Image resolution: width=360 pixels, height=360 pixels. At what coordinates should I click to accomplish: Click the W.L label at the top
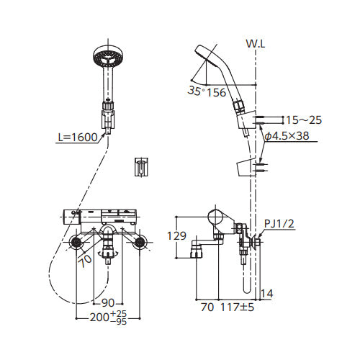256,44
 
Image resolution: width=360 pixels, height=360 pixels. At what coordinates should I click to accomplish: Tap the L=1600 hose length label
78,138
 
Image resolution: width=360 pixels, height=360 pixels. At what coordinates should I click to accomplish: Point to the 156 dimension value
216,92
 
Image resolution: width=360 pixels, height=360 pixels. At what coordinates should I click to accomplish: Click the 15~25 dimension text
304,120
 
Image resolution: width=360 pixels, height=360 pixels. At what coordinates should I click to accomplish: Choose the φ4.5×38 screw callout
287,136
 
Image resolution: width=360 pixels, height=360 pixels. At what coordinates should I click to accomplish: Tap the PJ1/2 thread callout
279,224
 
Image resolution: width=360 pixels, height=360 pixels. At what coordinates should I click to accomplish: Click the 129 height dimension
176,235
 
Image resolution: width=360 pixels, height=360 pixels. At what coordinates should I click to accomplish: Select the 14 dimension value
267,293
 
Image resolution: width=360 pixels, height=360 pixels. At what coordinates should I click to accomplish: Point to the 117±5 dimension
237,307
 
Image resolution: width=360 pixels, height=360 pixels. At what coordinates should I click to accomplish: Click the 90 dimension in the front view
108,303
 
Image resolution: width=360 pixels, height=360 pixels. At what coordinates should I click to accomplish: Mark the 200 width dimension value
99,318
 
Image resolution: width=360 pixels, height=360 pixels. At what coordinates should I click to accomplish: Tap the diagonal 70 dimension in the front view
86,261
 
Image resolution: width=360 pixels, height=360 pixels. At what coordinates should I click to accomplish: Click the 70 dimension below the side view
207,307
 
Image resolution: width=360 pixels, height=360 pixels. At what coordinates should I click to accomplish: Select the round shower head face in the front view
108,58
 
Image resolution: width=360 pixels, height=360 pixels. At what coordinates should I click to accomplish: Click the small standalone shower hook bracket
142,167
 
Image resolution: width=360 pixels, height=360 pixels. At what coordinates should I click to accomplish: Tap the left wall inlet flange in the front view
76,242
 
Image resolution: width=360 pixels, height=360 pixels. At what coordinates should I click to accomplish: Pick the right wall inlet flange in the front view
140,242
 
